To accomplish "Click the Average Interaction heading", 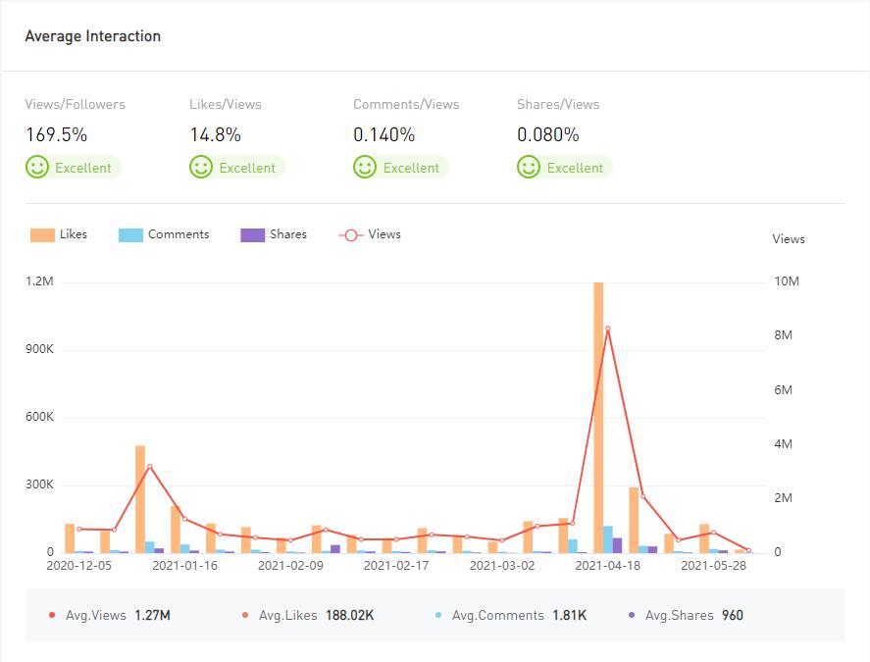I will tap(92, 36).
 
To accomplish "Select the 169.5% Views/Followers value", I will tap(56, 134).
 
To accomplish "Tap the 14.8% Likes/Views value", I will tap(215, 134).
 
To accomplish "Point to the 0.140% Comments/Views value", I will tap(384, 134).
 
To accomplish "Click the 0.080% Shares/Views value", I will tap(547, 134).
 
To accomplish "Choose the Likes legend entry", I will tap(59, 234).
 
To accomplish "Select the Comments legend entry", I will tap(164, 234).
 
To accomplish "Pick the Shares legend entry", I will tap(274, 234).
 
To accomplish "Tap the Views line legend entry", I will tap(370, 234).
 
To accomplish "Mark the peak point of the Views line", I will tap(608, 329).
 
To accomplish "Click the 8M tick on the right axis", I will tap(785, 335).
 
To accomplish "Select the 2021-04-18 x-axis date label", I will tap(607, 566).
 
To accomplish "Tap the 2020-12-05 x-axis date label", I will tap(78, 566).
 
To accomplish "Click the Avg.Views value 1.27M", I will tap(152, 616).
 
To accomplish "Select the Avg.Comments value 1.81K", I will tap(569, 616).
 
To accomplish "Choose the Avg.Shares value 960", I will tap(732, 616).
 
